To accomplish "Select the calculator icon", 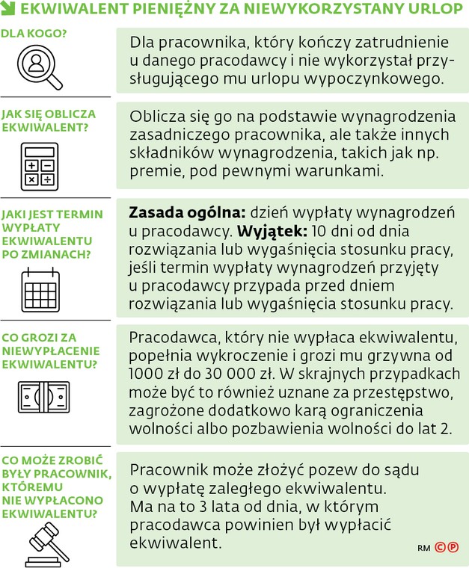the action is click(39, 164).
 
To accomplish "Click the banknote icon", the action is click(43, 397).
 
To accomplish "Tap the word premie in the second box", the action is click(154, 171).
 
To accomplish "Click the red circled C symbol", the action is click(440, 547).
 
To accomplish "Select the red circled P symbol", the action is click(454, 547).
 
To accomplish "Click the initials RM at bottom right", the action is click(423, 548).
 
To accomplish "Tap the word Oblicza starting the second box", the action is click(156, 117).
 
